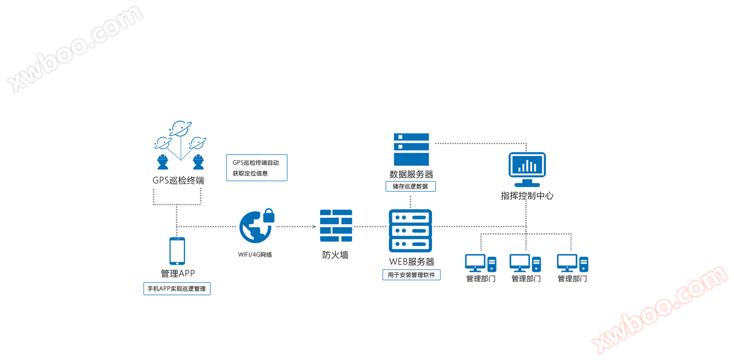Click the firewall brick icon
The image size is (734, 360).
pyautogui.click(x=336, y=225)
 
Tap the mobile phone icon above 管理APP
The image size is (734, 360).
pyautogui.click(x=177, y=251)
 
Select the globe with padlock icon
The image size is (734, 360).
pyautogui.click(x=256, y=226)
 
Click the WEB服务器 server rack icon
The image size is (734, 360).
pyautogui.click(x=410, y=231)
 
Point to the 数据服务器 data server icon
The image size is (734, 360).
pyautogui.click(x=411, y=149)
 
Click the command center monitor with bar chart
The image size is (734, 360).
pyautogui.click(x=527, y=169)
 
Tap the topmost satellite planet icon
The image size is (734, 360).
pyautogui.click(x=180, y=129)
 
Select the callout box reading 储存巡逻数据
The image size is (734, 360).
pyautogui.click(x=411, y=186)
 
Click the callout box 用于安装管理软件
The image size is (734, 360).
pyautogui.click(x=411, y=275)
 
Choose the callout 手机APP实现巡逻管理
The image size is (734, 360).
pyautogui.click(x=177, y=289)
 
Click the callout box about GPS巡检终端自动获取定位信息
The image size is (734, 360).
pyautogui.click(x=256, y=168)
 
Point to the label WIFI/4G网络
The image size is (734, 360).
pyautogui.click(x=255, y=254)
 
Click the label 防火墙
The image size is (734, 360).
pyautogui.click(x=335, y=255)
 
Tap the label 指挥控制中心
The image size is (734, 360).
pyautogui.click(x=527, y=196)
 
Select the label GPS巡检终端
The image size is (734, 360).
pyautogui.click(x=178, y=180)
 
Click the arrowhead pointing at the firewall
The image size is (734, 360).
pyautogui.click(x=314, y=226)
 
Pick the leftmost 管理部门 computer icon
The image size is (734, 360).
pyautogui.click(x=481, y=263)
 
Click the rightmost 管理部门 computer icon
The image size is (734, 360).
pyautogui.click(x=573, y=263)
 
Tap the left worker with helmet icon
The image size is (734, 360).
pyautogui.click(x=162, y=162)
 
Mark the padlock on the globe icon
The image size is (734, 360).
pyautogui.click(x=269, y=216)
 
